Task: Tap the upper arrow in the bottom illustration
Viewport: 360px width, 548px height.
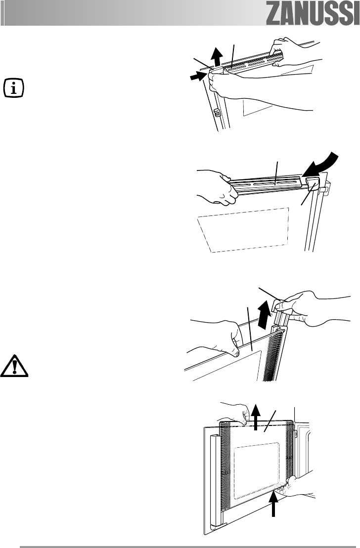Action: point(256,415)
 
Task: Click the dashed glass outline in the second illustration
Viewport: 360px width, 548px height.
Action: point(242,230)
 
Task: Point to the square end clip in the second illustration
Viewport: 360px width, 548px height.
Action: point(312,185)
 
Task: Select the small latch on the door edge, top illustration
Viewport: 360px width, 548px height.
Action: point(216,113)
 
